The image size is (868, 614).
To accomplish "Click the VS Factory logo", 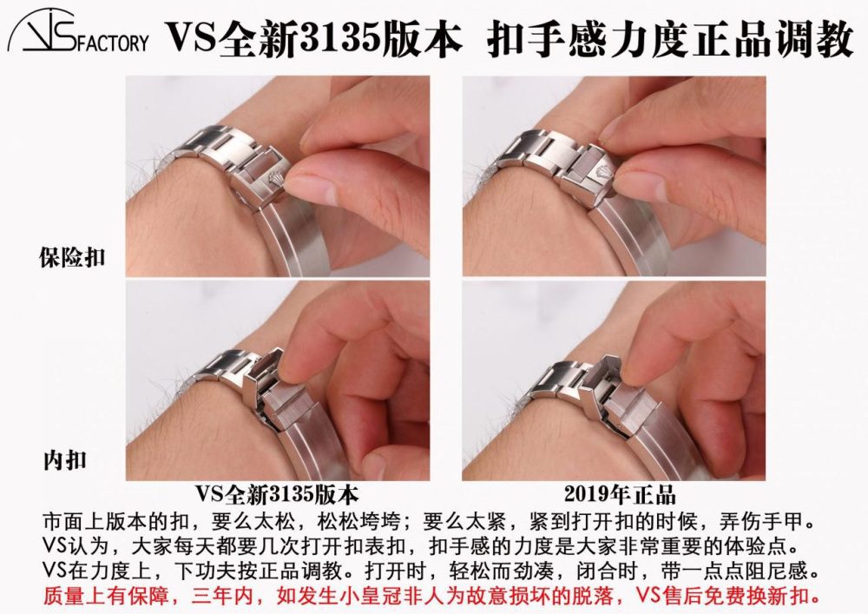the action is (x=77, y=32).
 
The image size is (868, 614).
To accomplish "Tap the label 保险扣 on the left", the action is (x=72, y=257).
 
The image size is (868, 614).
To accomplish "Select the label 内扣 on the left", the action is (x=65, y=460).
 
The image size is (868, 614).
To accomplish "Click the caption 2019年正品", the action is (x=620, y=494).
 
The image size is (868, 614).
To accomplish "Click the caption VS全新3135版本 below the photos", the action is (x=277, y=494).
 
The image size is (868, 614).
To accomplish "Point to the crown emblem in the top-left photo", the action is (x=275, y=180).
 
